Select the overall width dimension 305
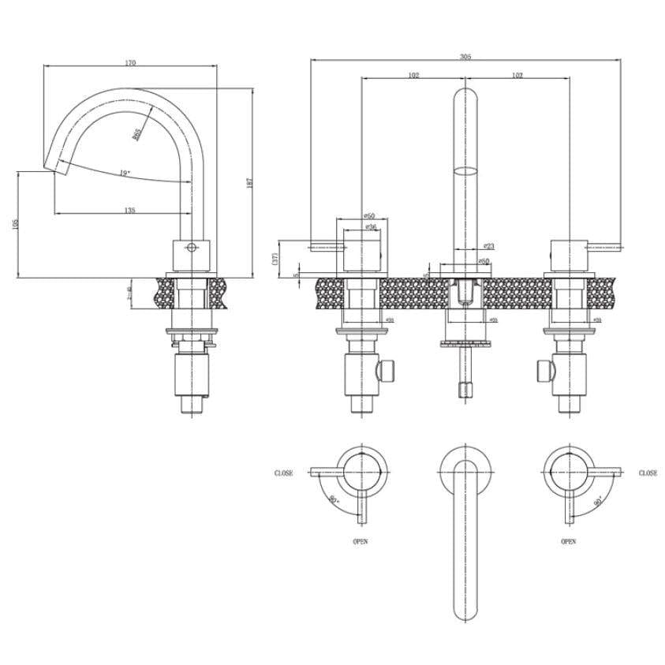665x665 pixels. pyautogui.click(x=465, y=56)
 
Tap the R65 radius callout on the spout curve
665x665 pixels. pyautogui.click(x=136, y=134)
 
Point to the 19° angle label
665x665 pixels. pyautogui.click(x=125, y=173)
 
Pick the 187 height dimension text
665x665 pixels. pyautogui.click(x=248, y=182)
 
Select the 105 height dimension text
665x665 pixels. pyautogui.click(x=14, y=225)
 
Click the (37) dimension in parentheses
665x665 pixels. pyautogui.click(x=275, y=259)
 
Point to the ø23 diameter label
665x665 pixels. pyautogui.click(x=488, y=246)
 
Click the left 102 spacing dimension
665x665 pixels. pyautogui.click(x=413, y=75)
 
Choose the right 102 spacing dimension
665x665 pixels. pyautogui.click(x=517, y=75)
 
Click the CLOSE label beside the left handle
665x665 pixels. pyautogui.click(x=284, y=473)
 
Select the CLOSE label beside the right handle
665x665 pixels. pyautogui.click(x=648, y=473)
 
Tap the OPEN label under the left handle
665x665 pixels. pyautogui.click(x=360, y=542)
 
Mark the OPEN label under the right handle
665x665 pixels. pyautogui.click(x=568, y=542)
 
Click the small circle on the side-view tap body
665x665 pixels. pyautogui.click(x=189, y=247)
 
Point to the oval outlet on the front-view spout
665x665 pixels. pyautogui.click(x=466, y=170)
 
